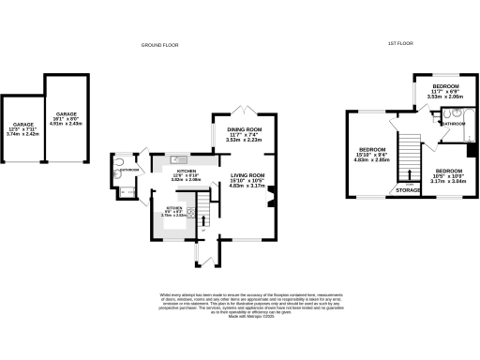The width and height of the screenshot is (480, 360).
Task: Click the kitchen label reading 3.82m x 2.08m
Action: tap(186, 175)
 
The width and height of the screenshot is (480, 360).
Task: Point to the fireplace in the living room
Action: tap(271, 196)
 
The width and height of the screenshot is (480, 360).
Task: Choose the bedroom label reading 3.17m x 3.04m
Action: tap(451, 177)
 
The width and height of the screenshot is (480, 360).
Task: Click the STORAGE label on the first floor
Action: tap(408, 190)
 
